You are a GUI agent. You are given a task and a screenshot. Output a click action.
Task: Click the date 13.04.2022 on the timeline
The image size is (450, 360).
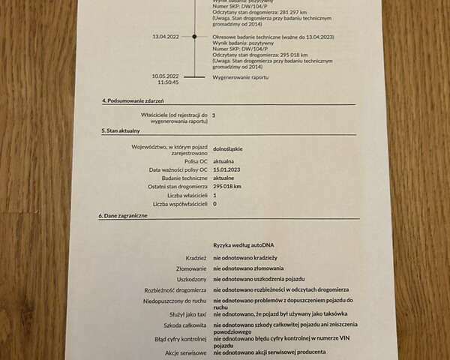tap(165, 36)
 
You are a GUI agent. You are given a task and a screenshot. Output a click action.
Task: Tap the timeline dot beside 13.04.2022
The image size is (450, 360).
tap(195, 36)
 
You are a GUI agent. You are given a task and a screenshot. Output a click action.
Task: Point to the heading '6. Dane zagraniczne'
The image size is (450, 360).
tap(123, 215)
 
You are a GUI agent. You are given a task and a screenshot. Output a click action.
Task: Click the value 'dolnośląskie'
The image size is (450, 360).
tap(229, 148)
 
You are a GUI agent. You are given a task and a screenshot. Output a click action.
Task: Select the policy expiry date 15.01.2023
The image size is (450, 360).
tap(229, 169)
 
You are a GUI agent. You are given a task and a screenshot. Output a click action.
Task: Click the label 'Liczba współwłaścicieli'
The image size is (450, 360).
tap(180, 204)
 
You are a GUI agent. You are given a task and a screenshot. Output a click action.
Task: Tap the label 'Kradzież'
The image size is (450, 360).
tap(196, 257)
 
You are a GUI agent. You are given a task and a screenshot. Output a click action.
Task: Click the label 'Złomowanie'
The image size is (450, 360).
tap(190, 268)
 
